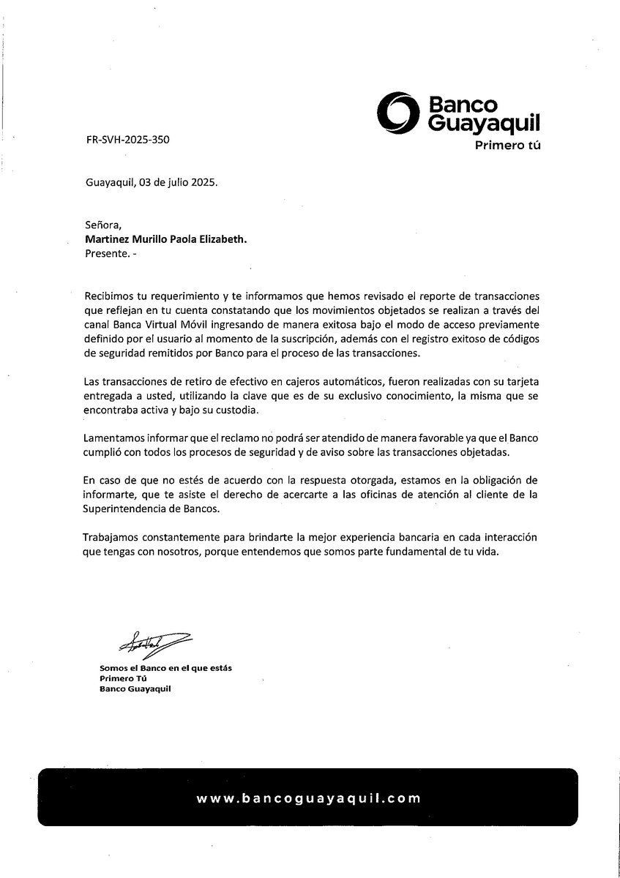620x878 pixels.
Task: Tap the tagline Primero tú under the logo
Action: click(507, 146)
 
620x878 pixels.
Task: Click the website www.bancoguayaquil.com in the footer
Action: click(309, 799)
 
